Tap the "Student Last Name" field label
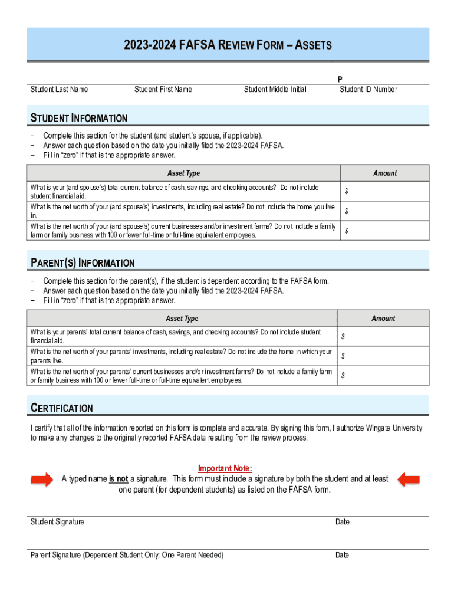60,90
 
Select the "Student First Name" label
163,90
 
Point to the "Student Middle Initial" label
275,90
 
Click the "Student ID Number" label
369,90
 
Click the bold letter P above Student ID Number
340,79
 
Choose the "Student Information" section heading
79,118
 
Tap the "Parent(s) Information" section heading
83,263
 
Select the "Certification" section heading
62,408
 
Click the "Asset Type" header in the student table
184,173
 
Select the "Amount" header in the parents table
383,319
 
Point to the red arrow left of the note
41,480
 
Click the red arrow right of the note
409,480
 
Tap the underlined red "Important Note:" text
225,469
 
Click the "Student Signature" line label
57,522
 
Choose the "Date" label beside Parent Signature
342,555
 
